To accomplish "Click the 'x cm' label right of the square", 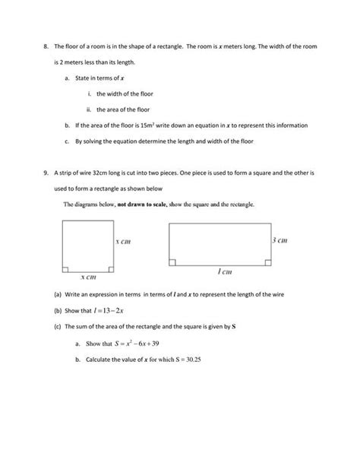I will pos(123,241).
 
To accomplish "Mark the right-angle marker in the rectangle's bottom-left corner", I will pos(172,262).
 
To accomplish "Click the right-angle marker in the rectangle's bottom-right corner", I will pos(268,262).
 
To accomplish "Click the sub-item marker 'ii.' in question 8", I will pos(89,109).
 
